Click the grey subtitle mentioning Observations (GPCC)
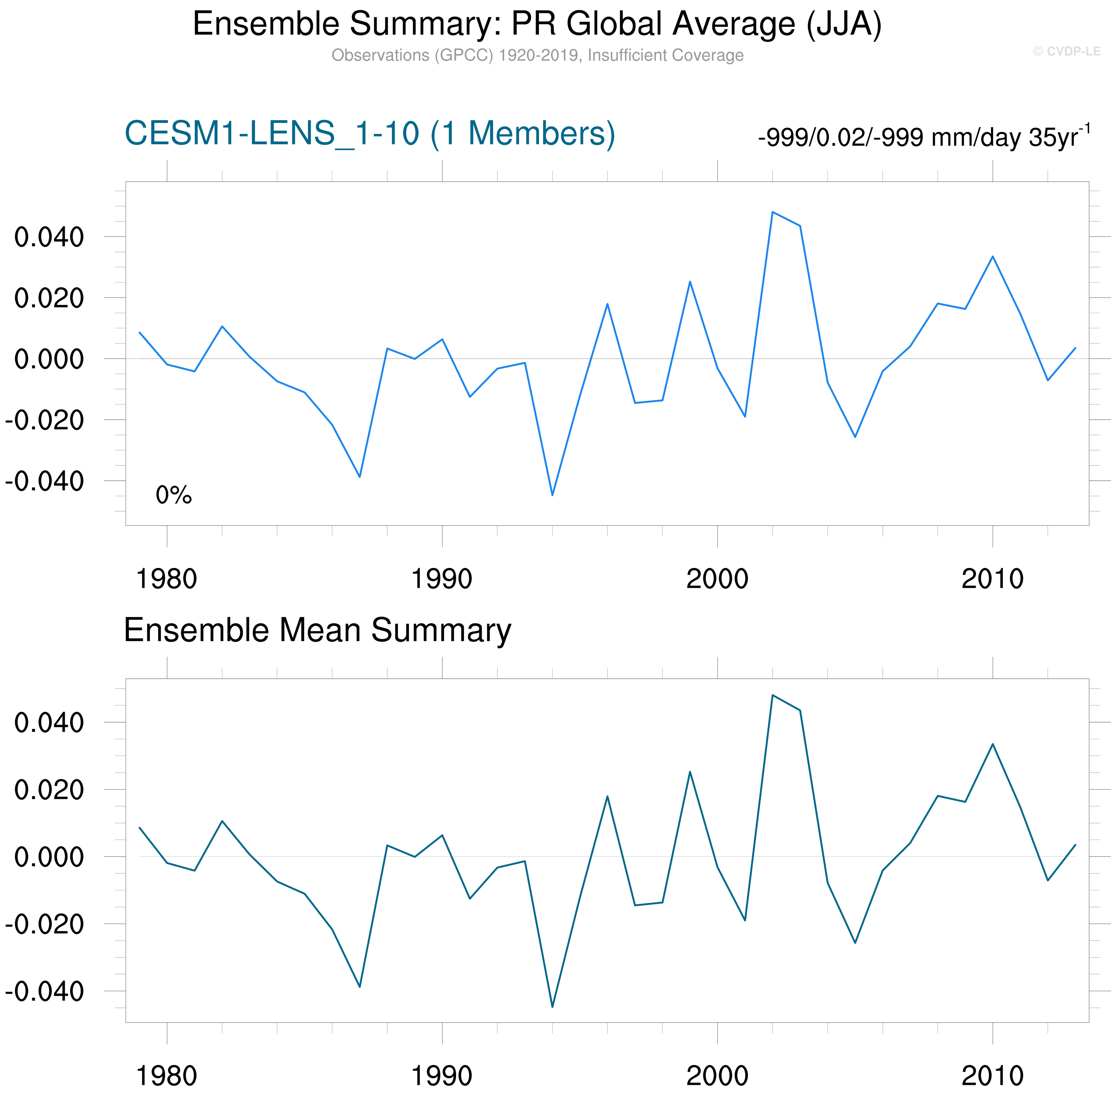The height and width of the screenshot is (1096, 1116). point(537,55)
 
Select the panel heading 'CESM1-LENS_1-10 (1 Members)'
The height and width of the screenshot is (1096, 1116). point(370,134)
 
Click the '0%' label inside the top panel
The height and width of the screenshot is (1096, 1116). point(173,495)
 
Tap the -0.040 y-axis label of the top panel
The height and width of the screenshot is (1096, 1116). point(44,481)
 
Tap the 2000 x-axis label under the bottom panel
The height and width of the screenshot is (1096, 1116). point(717,1075)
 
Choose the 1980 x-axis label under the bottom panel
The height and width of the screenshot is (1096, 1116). point(166,1075)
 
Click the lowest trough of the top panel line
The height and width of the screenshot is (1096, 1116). point(552,495)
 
